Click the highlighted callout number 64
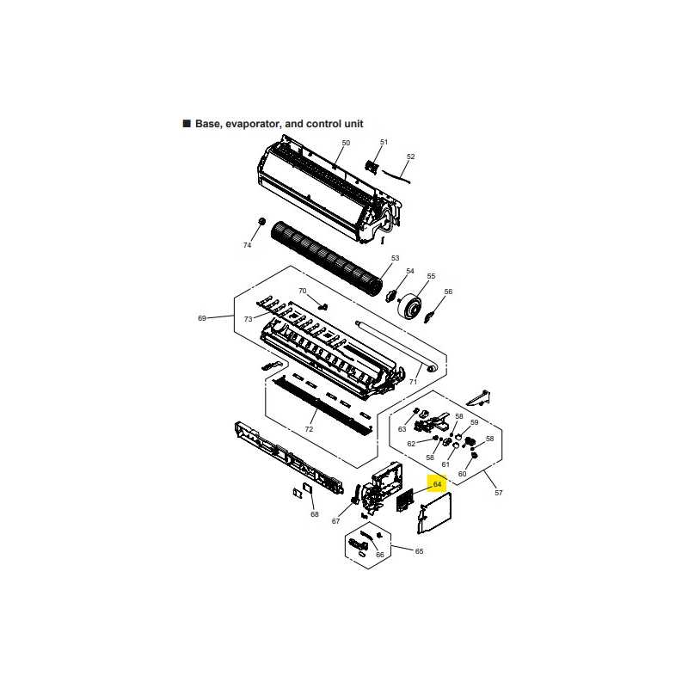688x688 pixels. (x=437, y=484)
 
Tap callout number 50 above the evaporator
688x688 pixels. (x=346, y=143)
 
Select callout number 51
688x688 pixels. (x=384, y=142)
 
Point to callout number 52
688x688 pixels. (x=411, y=157)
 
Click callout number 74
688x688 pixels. (x=247, y=245)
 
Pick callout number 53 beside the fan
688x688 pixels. (x=395, y=258)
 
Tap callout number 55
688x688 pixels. (x=431, y=276)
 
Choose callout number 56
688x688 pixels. (x=448, y=292)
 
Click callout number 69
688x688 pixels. (x=202, y=318)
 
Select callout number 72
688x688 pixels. (x=309, y=428)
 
